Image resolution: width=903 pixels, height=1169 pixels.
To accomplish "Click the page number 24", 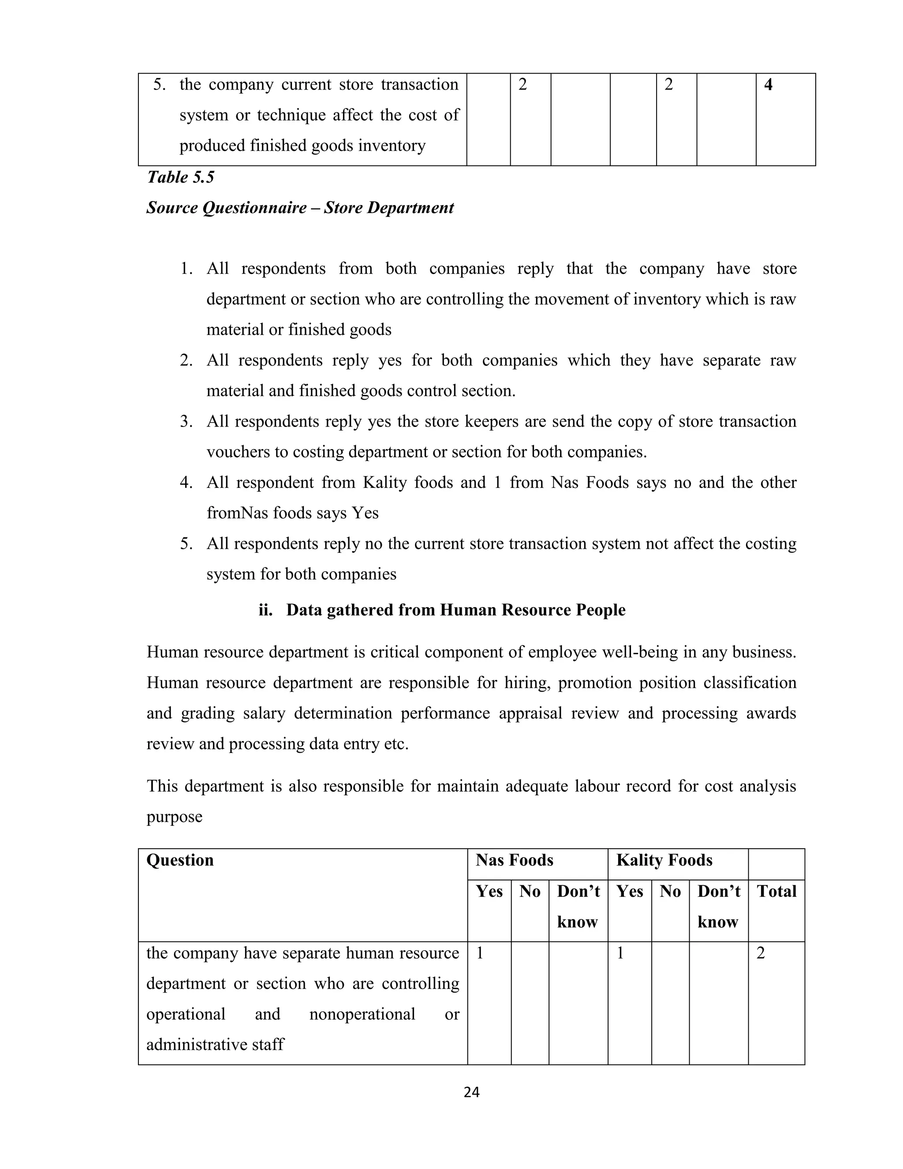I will pos(471,1092).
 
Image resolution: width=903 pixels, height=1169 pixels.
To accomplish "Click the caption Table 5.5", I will pos(180,177).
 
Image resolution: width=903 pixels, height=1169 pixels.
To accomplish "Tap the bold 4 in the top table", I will pos(768,85).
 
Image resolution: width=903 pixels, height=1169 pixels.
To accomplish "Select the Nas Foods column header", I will pos(514,860).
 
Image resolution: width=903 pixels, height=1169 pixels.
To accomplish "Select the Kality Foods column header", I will pos(664,860).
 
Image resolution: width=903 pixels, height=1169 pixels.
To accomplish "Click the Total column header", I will pos(776,891).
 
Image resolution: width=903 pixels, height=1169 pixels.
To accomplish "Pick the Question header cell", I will pos(180,860).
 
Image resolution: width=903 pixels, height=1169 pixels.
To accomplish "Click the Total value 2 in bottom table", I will pos(761,953).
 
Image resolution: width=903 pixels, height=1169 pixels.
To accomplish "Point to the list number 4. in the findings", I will pos(186,482).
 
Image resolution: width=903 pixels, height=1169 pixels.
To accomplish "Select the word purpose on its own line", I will pos(175,816).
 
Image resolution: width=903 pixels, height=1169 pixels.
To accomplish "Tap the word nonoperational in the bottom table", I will pos(362,1014).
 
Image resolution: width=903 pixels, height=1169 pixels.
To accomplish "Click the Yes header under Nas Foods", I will pos(489,891).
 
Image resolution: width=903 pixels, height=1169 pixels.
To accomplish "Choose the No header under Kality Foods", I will pos(670,891).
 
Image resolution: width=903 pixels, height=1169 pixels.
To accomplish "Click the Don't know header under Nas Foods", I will pos(578,906).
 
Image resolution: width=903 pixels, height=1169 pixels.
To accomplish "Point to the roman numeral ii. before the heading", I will pos(265,610).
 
